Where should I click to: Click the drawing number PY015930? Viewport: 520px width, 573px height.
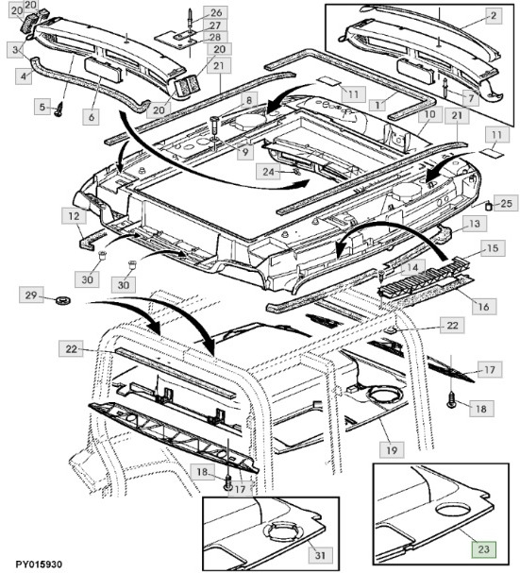(32, 564)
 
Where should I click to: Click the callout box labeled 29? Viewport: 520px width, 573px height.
(30, 297)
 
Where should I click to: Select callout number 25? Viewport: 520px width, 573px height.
(505, 203)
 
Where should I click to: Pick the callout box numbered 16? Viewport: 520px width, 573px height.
(481, 306)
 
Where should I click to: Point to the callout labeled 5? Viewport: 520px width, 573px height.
(42, 109)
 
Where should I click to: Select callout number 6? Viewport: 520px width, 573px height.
(91, 116)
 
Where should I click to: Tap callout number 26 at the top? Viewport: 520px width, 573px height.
(217, 12)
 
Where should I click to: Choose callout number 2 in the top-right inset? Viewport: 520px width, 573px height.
(494, 16)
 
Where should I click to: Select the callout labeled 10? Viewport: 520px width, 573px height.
(427, 115)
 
